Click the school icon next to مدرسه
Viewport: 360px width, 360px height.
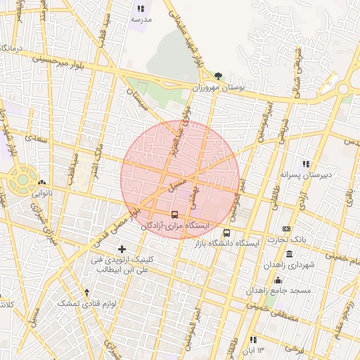tap(141, 9)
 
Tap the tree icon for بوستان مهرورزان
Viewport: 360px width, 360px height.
tap(219, 76)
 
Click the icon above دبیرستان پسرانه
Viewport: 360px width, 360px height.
tap(305, 163)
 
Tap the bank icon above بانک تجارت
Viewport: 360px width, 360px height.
tap(286, 229)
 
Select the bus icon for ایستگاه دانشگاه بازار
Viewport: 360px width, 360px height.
tap(226, 233)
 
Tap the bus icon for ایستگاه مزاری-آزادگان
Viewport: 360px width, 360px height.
tap(174, 214)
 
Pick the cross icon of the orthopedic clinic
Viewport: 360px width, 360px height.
tap(122, 249)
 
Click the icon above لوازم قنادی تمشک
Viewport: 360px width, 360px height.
tap(86, 292)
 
